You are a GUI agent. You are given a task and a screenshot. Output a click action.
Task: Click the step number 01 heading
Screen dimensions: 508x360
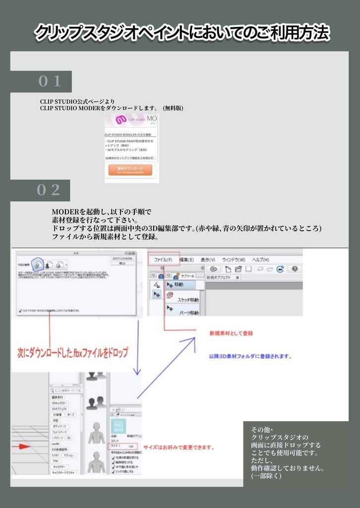click(50, 81)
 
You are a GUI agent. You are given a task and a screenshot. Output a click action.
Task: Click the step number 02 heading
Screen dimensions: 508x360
click(49, 190)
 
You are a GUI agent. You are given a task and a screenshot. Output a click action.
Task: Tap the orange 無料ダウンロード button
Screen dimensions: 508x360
click(130, 170)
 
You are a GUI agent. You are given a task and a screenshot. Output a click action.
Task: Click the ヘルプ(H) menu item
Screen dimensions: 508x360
click(260, 259)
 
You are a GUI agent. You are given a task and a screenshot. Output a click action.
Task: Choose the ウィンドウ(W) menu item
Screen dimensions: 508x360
click(234, 259)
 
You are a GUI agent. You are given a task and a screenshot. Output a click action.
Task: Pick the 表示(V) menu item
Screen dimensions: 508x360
click(208, 259)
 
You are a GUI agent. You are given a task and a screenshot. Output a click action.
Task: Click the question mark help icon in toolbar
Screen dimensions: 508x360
click(295, 269)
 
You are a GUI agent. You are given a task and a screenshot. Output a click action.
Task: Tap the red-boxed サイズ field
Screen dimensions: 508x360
click(122, 446)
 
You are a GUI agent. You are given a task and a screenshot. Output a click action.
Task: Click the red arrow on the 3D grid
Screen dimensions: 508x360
click(22, 446)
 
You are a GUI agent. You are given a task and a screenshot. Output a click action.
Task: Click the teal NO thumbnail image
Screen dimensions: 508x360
click(119, 426)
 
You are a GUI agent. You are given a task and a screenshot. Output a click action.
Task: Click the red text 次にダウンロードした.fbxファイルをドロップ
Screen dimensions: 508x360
click(72, 353)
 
